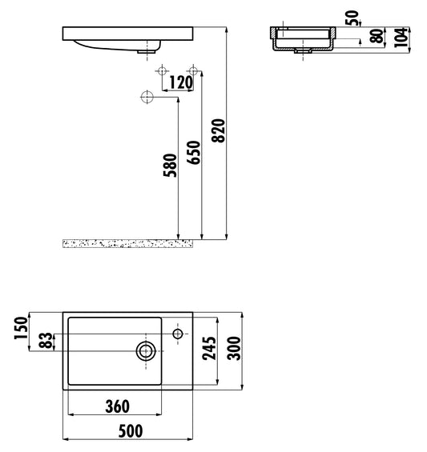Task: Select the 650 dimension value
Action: (193, 150)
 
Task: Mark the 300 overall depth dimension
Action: (233, 350)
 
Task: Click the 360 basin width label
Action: (116, 406)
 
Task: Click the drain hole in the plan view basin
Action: (146, 350)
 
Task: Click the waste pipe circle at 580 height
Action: (147, 97)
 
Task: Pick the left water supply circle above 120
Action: (163, 71)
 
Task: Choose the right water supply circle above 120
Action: (191, 71)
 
